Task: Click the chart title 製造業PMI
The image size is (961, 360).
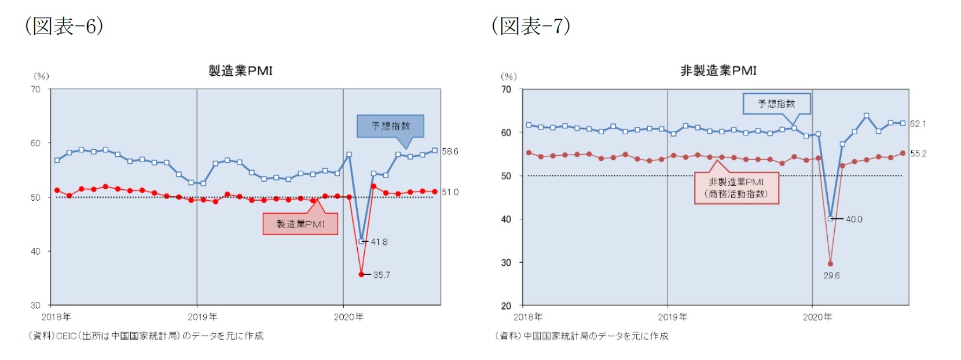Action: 240,71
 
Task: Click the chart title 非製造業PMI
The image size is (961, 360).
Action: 718,71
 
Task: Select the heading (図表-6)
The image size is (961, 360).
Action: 64,26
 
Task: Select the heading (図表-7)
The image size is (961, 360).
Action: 531,26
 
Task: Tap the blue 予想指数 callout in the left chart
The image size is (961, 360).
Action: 390,126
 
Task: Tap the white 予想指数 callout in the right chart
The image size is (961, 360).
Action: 776,104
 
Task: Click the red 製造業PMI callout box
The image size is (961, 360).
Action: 300,224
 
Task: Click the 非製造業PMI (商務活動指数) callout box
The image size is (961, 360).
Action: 736,188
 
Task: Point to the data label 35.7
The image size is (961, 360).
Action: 382,275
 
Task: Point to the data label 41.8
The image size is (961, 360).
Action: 379,242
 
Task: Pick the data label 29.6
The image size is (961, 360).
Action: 831,275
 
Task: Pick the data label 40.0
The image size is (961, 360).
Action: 854,219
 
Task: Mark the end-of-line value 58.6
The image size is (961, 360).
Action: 450,151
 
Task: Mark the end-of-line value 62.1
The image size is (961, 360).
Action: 918,123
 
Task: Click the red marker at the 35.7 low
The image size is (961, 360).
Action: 362,274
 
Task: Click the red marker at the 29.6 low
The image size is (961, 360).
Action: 830,264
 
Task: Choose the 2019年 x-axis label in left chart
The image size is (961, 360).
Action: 203,317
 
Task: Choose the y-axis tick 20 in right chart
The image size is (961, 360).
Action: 506,306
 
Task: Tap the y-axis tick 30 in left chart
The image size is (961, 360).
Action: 35,305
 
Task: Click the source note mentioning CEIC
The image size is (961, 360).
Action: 146,336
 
